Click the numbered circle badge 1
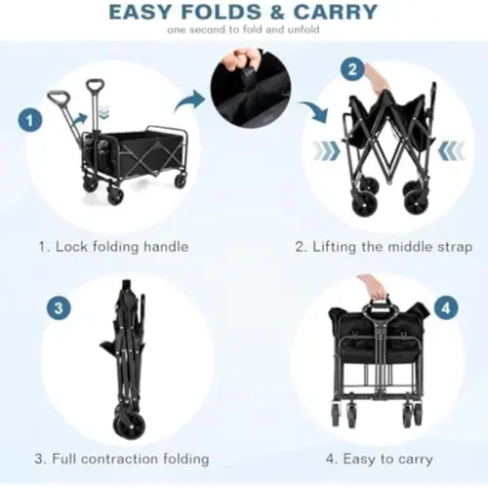30,120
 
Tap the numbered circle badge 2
352,69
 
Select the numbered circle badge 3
59,307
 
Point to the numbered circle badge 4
446,307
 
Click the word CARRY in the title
336,12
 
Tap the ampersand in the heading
277,13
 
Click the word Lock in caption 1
72,246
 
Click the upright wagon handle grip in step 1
95,87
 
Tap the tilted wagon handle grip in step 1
59,97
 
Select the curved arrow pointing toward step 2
314,111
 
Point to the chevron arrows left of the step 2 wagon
326,151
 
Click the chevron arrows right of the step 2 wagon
452,151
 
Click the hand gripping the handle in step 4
377,287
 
